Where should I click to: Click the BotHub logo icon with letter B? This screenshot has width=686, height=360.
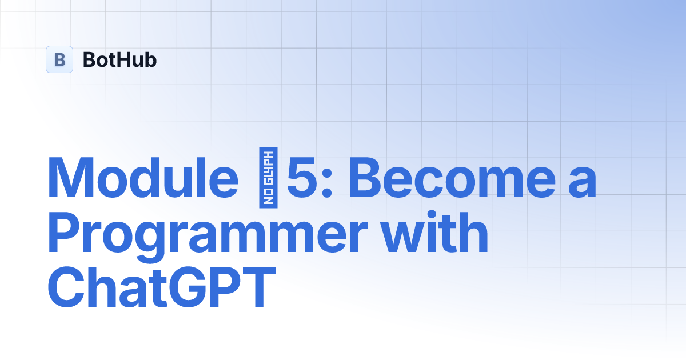(59, 59)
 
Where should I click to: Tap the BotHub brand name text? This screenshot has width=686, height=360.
(119, 59)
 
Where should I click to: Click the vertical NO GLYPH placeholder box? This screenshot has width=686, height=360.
(268, 178)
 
